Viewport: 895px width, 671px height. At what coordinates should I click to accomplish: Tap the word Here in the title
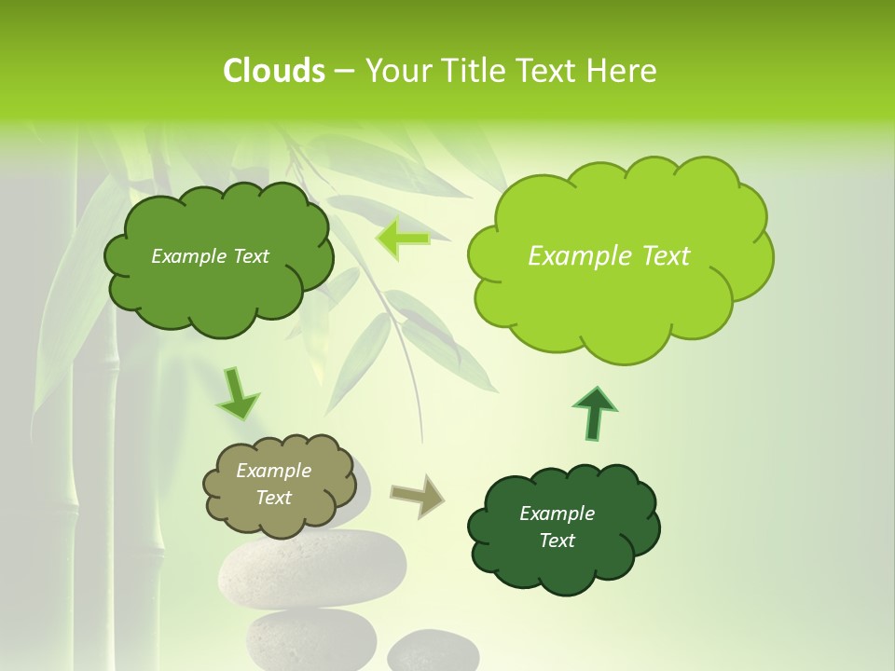[622, 71]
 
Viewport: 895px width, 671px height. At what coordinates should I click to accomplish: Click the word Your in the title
[398, 71]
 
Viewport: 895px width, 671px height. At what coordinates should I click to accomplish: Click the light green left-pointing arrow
[403, 240]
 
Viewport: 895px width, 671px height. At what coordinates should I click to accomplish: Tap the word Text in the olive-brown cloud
[274, 499]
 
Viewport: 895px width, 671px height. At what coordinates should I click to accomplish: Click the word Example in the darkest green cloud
[557, 514]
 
